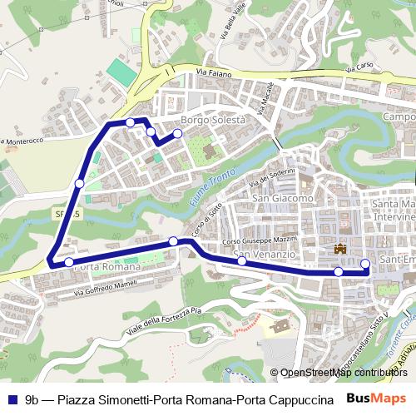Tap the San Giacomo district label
283,199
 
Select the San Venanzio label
265,254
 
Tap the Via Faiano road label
212,74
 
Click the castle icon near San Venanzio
339,249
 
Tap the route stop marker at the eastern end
365,265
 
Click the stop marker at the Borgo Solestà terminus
177,133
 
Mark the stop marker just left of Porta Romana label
69,263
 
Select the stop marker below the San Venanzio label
242,261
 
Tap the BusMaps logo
377,399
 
